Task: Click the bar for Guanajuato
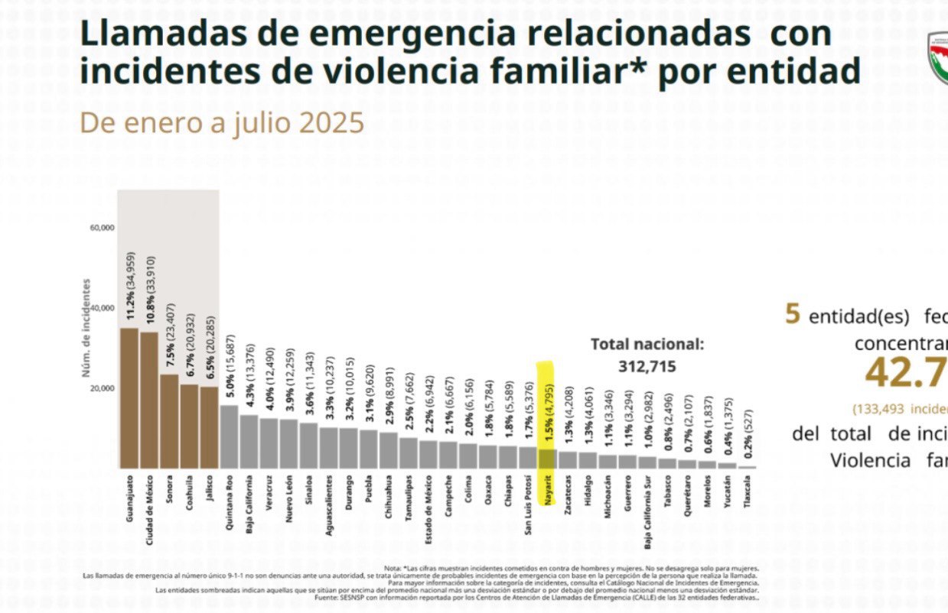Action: tap(129, 398)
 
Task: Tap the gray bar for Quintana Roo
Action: tap(229, 436)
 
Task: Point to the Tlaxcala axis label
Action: tap(748, 494)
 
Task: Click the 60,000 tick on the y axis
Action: tap(102, 228)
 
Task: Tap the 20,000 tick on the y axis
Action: tap(102, 388)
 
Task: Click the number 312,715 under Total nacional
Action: tap(647, 367)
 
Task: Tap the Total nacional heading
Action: tap(647, 345)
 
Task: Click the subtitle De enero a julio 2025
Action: tap(222, 123)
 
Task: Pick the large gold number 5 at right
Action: tap(793, 314)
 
